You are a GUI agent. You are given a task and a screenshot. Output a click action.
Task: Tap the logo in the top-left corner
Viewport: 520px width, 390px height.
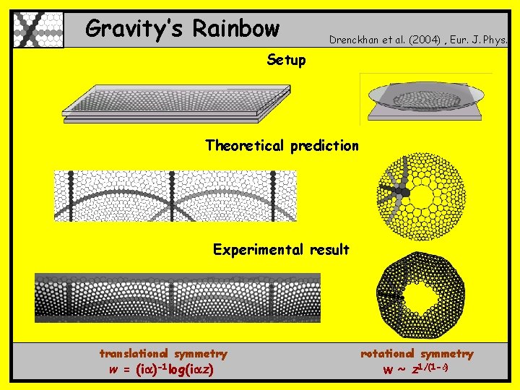click(x=38, y=30)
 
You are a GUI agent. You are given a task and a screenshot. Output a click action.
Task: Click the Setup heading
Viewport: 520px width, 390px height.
click(x=286, y=60)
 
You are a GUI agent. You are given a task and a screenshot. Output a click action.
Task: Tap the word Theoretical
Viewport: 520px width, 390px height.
click(x=246, y=146)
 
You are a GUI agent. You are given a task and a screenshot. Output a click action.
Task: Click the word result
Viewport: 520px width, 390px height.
click(x=329, y=250)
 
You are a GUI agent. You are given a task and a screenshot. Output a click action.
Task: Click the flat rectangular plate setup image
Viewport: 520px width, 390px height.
click(x=176, y=103)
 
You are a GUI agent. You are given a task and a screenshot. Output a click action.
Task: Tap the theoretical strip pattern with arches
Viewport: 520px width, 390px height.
click(x=175, y=196)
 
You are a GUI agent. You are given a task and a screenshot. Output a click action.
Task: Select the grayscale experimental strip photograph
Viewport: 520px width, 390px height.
click(x=178, y=297)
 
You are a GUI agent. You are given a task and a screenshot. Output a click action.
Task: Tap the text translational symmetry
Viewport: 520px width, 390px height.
click(x=163, y=354)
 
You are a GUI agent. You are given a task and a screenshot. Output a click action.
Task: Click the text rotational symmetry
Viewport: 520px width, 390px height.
click(x=417, y=354)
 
